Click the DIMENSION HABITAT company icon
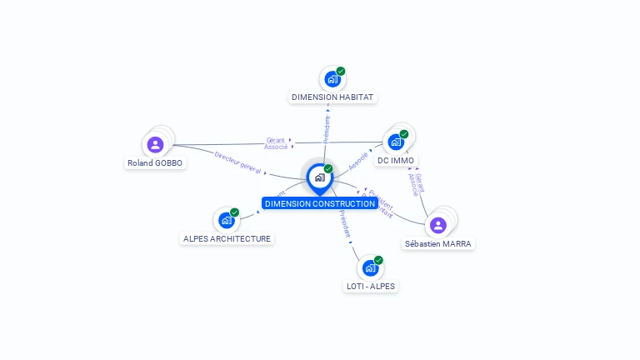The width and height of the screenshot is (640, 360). (332, 79)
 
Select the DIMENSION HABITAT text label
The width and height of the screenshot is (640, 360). (332, 97)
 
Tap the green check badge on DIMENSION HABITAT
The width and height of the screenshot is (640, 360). (341, 71)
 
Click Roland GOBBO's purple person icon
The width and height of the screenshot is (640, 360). (155, 144)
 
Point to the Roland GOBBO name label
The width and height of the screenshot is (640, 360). (156, 163)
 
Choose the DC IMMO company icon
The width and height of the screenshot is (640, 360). (396, 142)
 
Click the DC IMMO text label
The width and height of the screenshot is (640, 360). (396, 160)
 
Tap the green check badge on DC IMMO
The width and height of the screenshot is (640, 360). (404, 133)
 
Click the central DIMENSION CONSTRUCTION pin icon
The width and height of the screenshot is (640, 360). (319, 177)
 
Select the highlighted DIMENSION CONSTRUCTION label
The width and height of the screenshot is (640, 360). (320, 203)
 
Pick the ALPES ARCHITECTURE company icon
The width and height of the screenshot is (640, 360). (225, 220)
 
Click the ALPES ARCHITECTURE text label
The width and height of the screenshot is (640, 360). (227, 238)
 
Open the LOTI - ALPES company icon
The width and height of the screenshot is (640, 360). (369, 268)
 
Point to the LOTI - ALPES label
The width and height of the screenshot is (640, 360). (371, 286)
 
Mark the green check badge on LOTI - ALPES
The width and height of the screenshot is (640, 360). (378, 260)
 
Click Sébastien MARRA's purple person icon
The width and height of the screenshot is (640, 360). (438, 225)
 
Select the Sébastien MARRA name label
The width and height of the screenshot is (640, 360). (438, 244)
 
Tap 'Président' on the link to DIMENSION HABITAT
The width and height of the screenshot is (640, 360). (327, 130)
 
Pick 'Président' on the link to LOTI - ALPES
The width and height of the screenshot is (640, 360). (345, 225)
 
